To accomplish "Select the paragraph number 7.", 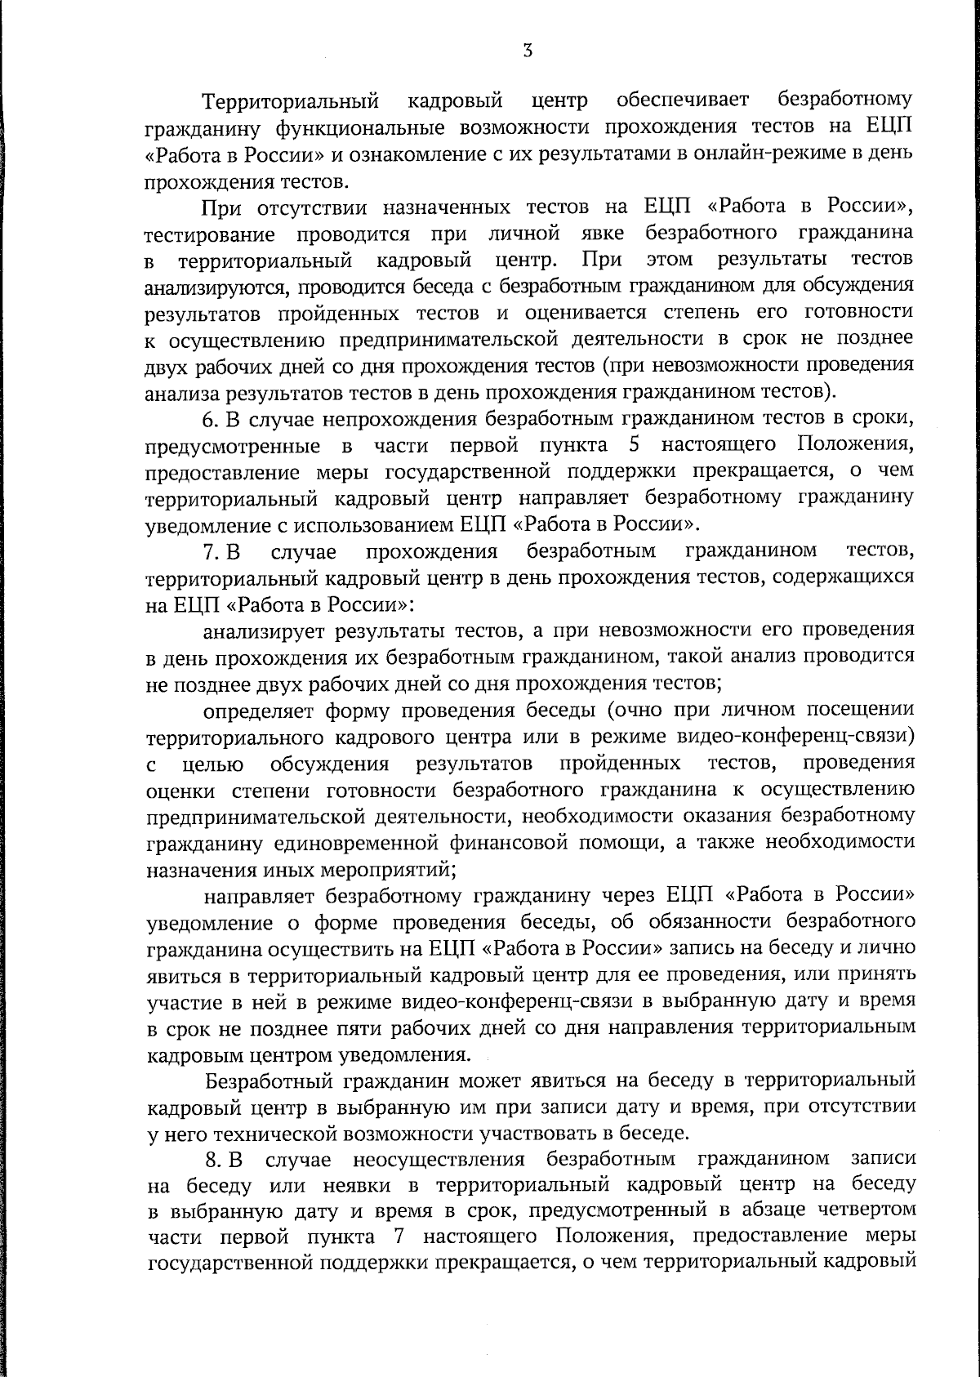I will click(210, 553).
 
